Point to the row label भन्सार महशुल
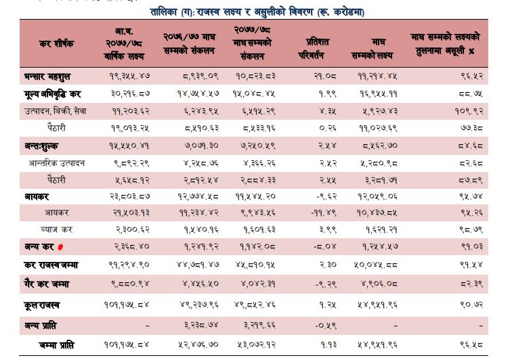[x=48, y=74]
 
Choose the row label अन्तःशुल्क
[x=45, y=145]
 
